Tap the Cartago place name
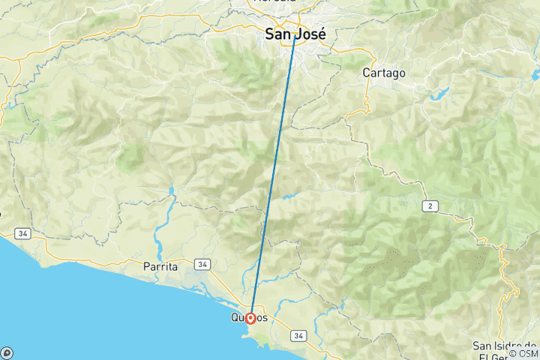(x=383, y=73)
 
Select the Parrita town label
(x=160, y=266)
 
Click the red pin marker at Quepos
(x=250, y=318)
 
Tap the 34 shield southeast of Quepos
(x=299, y=335)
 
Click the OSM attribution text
(x=527, y=353)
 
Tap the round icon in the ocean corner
(x=7, y=352)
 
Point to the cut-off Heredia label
(x=274, y=2)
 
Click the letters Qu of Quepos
(x=237, y=318)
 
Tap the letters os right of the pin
(x=262, y=318)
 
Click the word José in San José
(x=313, y=34)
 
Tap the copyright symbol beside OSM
(x=513, y=353)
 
